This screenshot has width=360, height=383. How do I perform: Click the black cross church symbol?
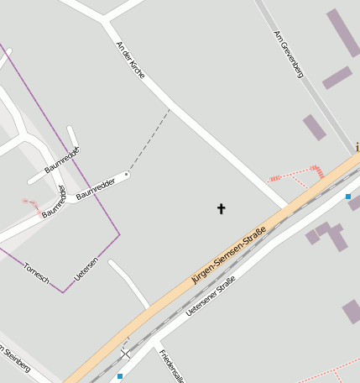coord(222,207)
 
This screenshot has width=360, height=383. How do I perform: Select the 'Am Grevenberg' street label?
coord(288,55)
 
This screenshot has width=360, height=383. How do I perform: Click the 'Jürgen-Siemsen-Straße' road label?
coord(228,255)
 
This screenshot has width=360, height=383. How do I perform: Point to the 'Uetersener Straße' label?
coord(211,296)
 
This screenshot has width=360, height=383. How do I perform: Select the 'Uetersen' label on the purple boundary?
coord(86,269)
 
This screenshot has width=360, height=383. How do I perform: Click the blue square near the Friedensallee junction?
coord(120,376)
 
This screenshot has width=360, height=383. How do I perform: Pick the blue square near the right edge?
coord(347,197)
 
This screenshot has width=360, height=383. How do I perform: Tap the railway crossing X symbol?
coord(126,354)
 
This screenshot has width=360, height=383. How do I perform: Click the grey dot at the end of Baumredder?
coord(127,174)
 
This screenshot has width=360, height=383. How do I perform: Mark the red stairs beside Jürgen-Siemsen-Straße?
coord(319,171)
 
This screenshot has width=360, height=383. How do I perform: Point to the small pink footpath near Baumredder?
coord(30,202)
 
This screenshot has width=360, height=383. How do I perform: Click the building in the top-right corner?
coord(343,32)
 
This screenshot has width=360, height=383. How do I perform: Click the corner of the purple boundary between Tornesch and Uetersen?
coord(63,291)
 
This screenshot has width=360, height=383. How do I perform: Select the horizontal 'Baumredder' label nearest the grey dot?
coord(95,189)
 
